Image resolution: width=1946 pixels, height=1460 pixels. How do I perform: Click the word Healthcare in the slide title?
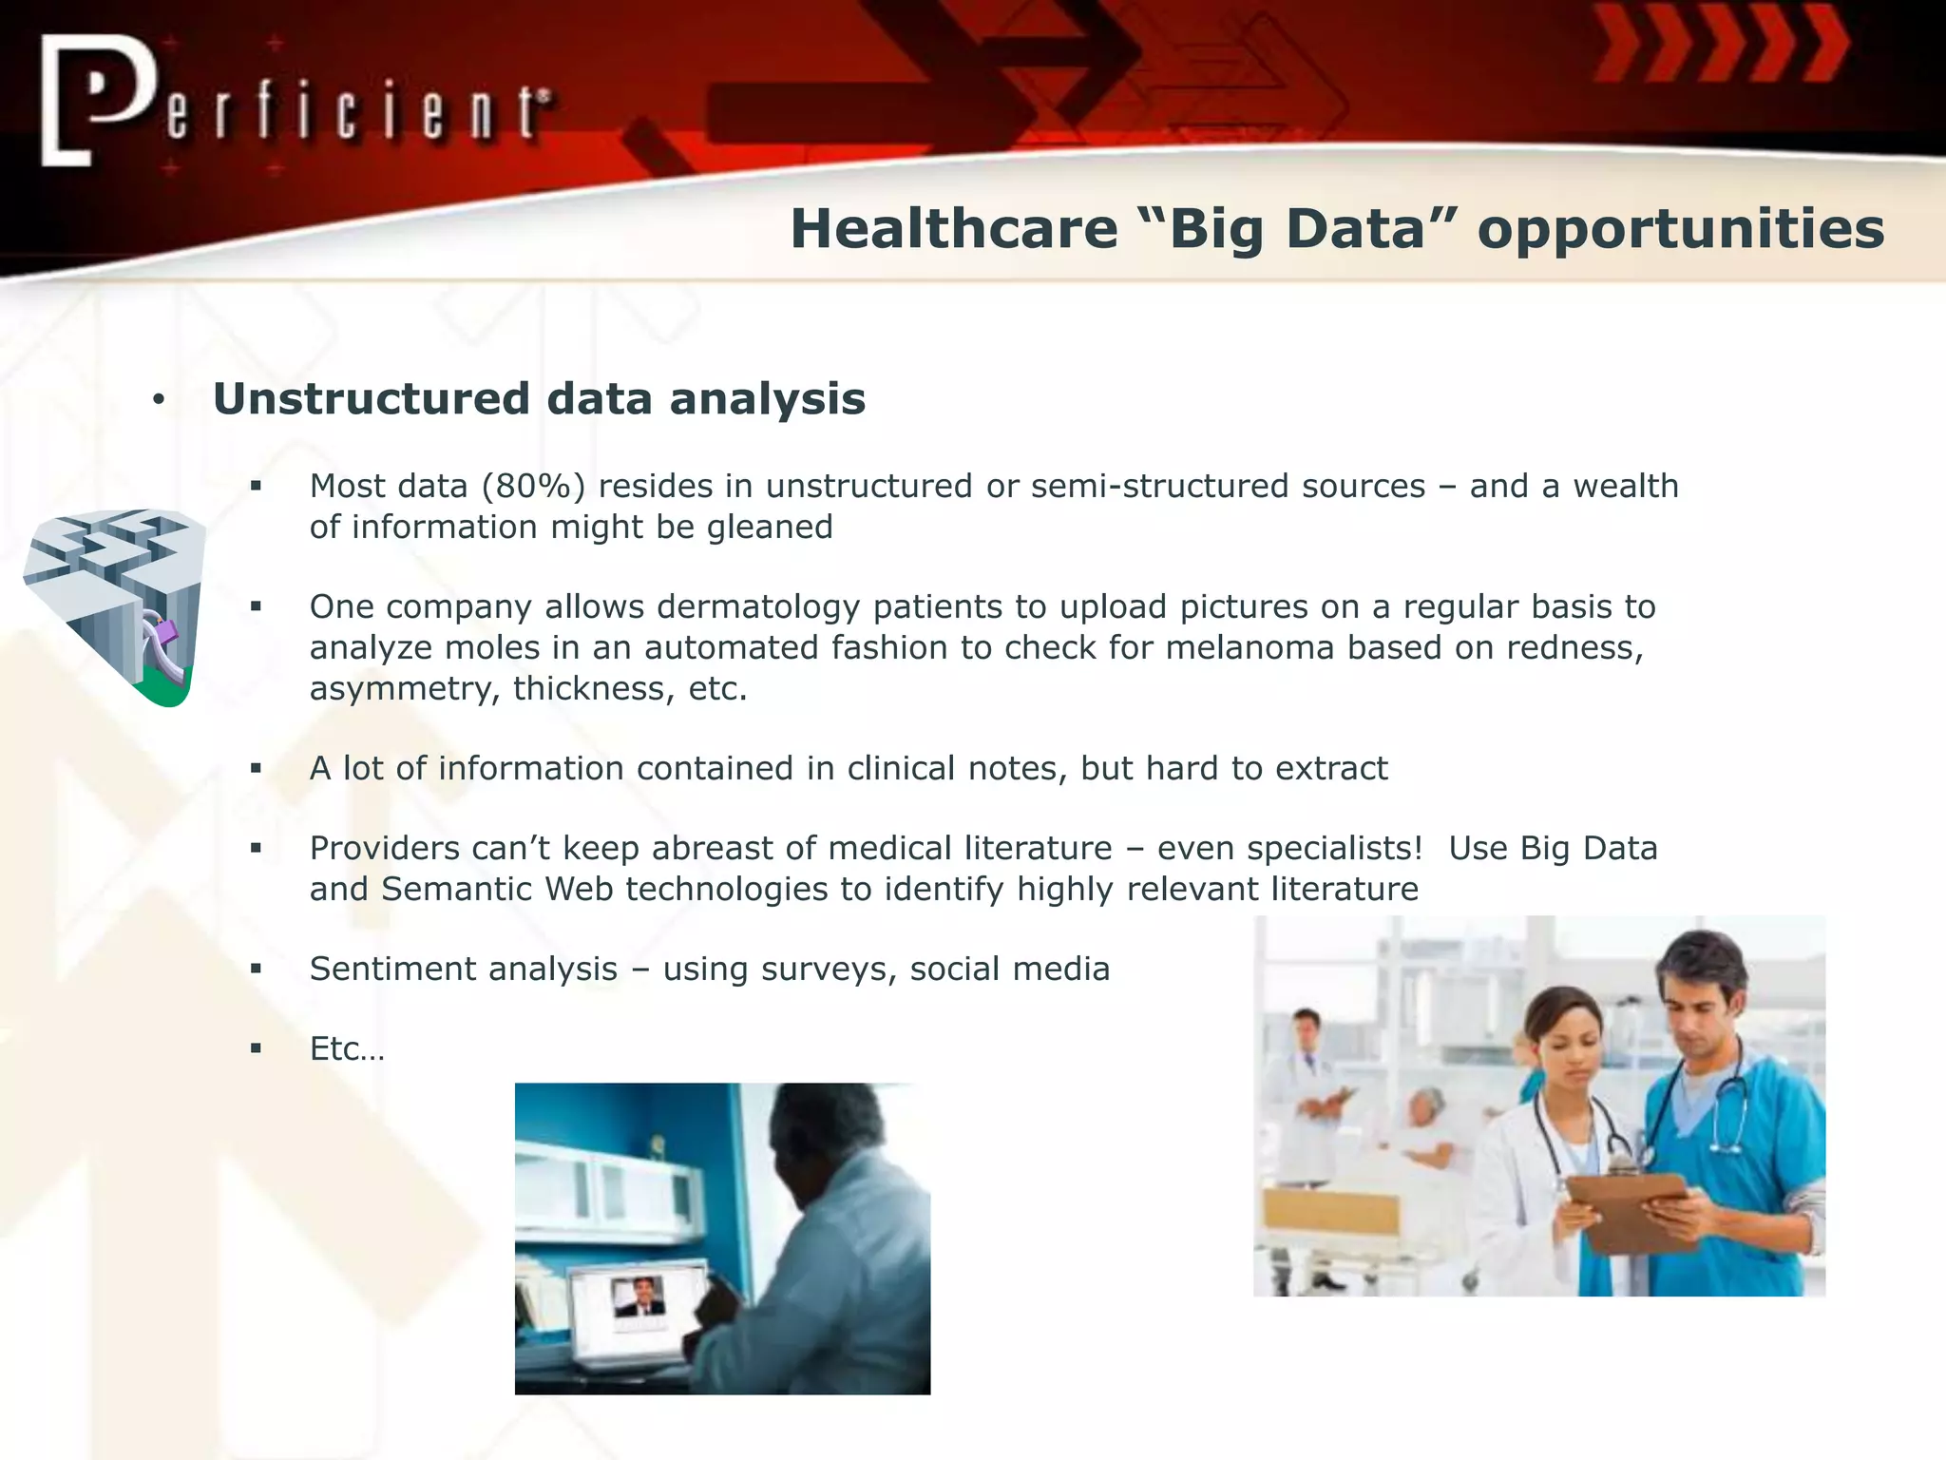coord(953,229)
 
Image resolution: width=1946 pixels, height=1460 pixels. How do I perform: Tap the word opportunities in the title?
coord(1680,231)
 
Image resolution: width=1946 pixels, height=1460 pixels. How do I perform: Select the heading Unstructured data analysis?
coord(539,398)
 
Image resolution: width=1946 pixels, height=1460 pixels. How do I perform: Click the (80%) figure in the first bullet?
coord(533,487)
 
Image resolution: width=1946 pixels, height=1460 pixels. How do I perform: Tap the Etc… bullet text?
coord(347,1048)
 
